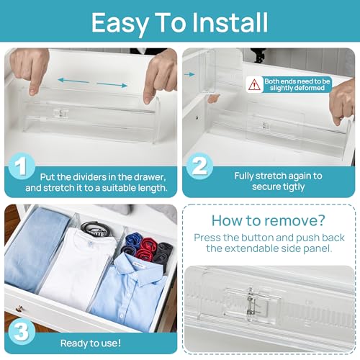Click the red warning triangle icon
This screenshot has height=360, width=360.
pos(254,84)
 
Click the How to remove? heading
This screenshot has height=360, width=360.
pos(269,221)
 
